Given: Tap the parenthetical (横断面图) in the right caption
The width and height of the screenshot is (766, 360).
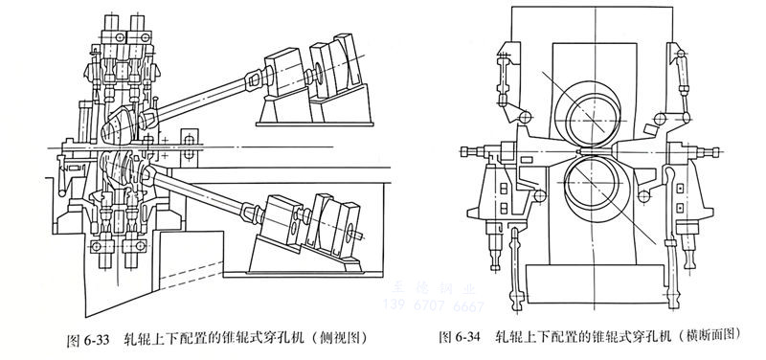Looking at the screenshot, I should [x=710, y=337].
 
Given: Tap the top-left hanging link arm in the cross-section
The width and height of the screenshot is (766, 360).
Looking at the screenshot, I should [x=500, y=72].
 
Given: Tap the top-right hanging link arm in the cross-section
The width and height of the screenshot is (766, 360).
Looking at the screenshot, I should [x=681, y=72].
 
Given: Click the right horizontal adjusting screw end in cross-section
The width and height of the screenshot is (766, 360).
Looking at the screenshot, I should [x=711, y=150].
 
